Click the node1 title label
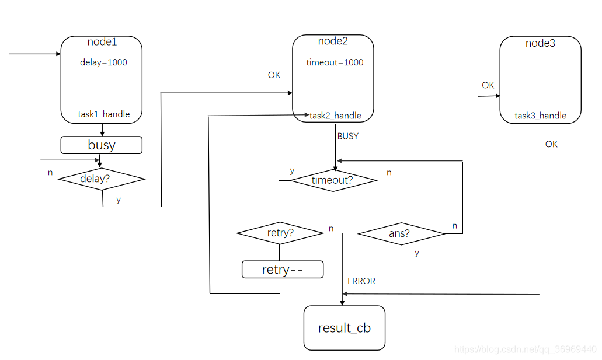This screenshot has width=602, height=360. (102, 41)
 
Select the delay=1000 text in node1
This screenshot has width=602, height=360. (103, 62)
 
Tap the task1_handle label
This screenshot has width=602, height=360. (103, 114)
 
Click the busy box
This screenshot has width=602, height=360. (102, 145)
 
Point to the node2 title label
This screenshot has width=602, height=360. (333, 41)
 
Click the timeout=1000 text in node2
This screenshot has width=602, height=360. (335, 62)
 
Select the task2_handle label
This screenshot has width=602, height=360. (335, 116)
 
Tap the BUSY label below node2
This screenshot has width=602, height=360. (348, 136)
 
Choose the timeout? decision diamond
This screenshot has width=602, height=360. (333, 180)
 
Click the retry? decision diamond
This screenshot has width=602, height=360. (280, 233)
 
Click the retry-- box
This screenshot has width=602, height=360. (283, 270)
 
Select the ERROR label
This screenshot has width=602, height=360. (361, 281)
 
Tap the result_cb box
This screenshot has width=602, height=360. (345, 328)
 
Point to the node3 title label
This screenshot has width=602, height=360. (540, 43)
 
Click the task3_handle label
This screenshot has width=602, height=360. (540, 116)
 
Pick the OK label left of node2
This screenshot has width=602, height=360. (274, 75)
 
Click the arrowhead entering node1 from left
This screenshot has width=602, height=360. (58, 54)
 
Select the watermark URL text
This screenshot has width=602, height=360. (525, 349)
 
